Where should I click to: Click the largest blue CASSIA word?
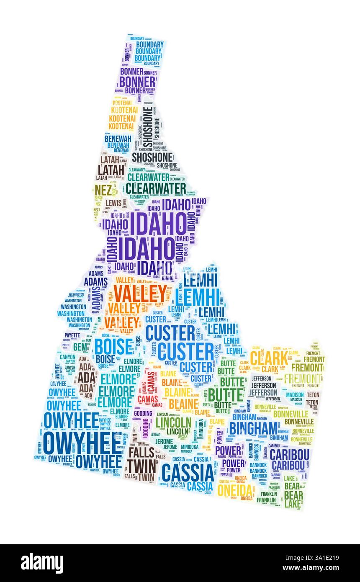(x=188, y=474)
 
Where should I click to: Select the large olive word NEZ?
(x=103, y=189)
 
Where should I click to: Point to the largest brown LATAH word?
(x=111, y=170)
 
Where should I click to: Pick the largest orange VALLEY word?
(x=140, y=294)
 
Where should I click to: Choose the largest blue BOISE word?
(x=113, y=346)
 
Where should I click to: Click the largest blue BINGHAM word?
(x=253, y=428)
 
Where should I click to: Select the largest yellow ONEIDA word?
(x=235, y=489)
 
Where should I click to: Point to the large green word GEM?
(x=80, y=347)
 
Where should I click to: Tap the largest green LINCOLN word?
(x=173, y=422)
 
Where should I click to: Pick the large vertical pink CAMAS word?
(x=151, y=380)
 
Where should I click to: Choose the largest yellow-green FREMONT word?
(x=302, y=378)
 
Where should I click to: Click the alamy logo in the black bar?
(x=42, y=563)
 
